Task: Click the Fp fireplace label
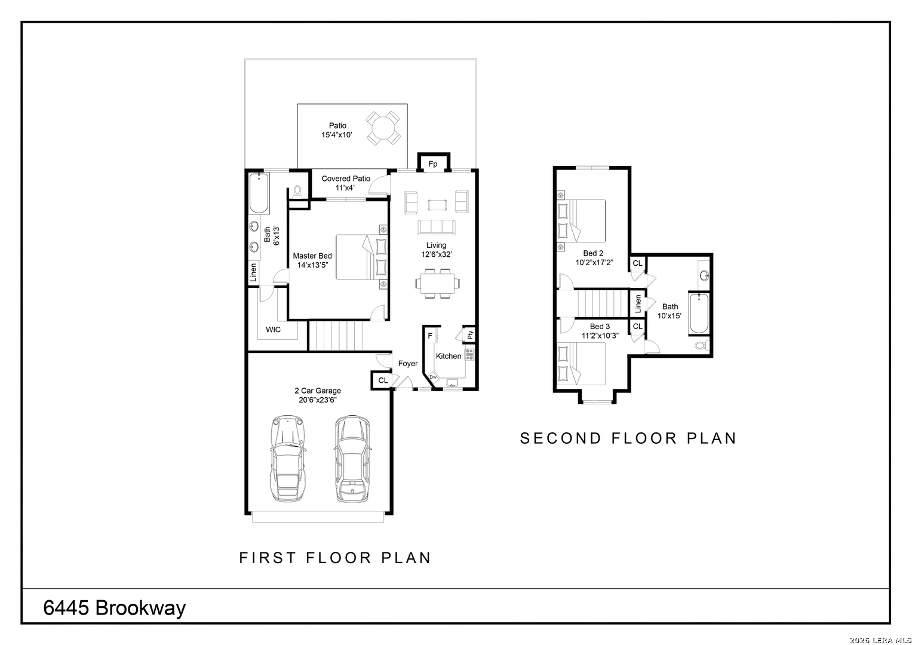pos(433,164)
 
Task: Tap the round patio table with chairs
pos(383,128)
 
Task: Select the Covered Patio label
pos(346,179)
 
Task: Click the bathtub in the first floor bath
pos(259,193)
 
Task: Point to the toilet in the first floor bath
pos(297,191)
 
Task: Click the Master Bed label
pos(312,256)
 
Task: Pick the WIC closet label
pos(273,330)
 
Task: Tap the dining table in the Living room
pos(438,283)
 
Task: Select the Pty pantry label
pos(470,334)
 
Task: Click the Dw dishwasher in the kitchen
pos(433,377)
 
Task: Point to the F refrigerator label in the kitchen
pos(430,336)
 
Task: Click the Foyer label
pos(407,364)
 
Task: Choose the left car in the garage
pos(287,459)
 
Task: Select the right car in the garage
pos(352,459)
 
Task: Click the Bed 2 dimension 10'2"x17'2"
pos(594,263)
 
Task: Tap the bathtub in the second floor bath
pos(699,313)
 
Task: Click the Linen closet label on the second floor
pos(638,304)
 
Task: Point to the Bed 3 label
pos(600,327)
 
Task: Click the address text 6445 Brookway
pos(115,608)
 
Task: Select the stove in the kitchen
pos(469,354)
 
